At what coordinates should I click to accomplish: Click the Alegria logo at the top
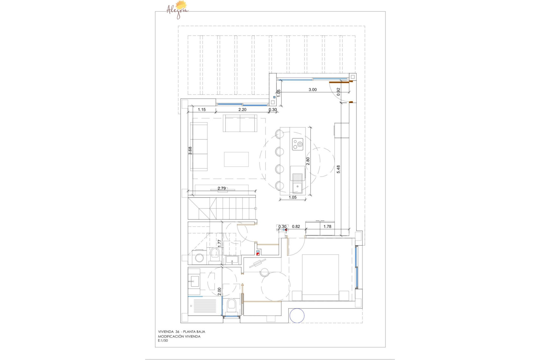(177, 10)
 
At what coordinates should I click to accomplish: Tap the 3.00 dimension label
(312, 90)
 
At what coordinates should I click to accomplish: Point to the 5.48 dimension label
(338, 169)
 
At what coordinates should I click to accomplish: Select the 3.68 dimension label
(190, 151)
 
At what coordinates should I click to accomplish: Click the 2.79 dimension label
(222, 188)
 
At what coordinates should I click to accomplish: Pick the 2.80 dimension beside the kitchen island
(308, 161)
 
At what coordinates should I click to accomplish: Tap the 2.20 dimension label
(242, 110)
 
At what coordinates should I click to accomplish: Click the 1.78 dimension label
(327, 226)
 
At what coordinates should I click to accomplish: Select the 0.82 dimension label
(296, 226)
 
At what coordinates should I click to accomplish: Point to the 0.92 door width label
(338, 92)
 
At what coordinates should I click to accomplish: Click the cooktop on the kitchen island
(298, 144)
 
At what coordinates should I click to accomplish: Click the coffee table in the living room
(236, 159)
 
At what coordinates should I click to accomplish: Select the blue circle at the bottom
(297, 315)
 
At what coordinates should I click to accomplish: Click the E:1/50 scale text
(163, 341)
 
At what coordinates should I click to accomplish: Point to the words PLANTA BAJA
(194, 332)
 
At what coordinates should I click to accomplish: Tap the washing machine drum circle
(199, 258)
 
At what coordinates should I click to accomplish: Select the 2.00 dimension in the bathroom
(219, 291)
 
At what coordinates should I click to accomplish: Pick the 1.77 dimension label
(219, 244)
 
